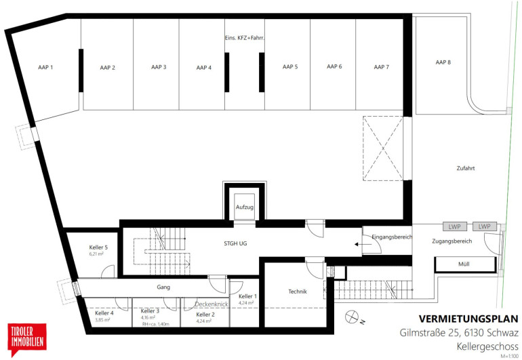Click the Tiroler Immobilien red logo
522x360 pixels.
pos(27,340)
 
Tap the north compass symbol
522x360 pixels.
pos(352,317)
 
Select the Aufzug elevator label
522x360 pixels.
pos(245,207)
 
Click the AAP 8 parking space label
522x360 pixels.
pos(443,62)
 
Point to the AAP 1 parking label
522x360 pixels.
pos(45,67)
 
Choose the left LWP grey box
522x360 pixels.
pos(454,227)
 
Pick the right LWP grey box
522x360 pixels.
pos(485,226)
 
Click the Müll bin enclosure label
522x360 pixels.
pos(464,264)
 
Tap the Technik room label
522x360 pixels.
pos(298,292)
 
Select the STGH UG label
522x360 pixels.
pos(235,243)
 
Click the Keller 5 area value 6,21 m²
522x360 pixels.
pos(96,254)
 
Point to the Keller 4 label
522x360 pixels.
pos(104,313)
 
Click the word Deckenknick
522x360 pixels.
pos(212,304)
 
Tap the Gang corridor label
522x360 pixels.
pos(163,287)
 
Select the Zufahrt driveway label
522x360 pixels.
pos(466,169)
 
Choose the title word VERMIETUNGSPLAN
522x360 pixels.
pos(468,319)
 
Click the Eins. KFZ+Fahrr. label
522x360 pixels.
pos(245,38)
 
